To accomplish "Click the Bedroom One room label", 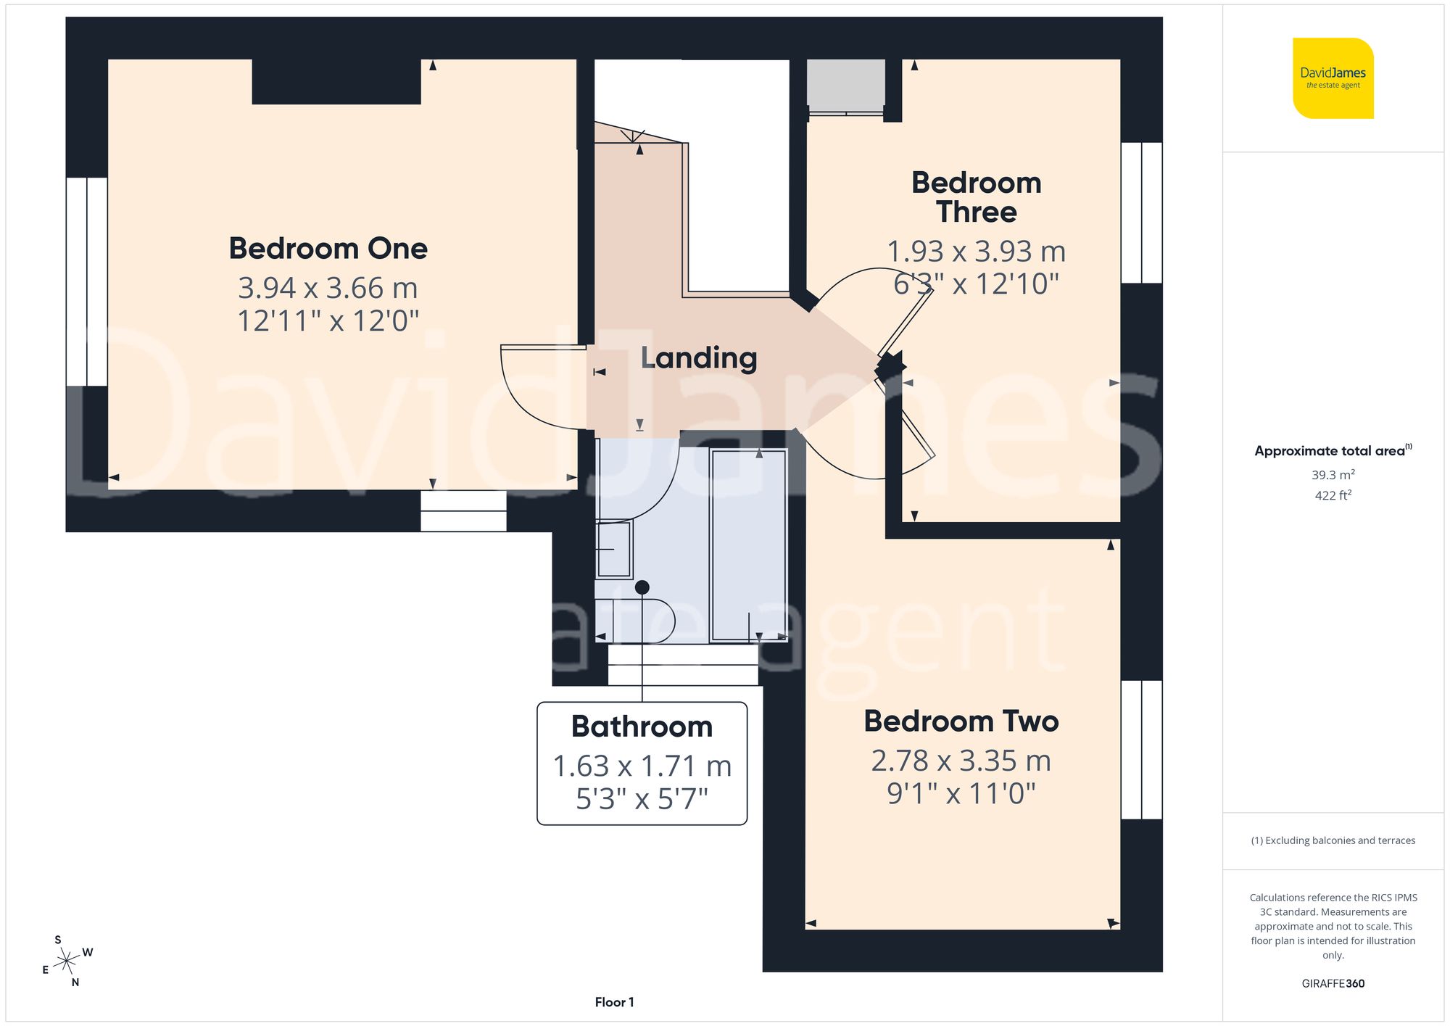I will (x=328, y=249).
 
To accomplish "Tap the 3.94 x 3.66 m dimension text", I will (x=328, y=288).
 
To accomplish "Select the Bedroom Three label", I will (x=976, y=197).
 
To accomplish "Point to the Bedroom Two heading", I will (x=961, y=721).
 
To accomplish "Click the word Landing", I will (x=699, y=357).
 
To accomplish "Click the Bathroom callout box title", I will (x=642, y=727).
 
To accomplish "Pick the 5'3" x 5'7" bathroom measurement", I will (x=642, y=799).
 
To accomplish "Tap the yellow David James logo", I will (x=1333, y=78).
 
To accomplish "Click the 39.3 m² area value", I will (x=1333, y=475).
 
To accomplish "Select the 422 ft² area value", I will (x=1333, y=495).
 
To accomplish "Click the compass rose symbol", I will (x=67, y=961).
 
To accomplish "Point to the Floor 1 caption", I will (x=614, y=1002).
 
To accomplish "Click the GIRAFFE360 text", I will (x=1333, y=983).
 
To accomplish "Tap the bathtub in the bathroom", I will (x=748, y=545).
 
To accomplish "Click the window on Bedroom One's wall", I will (x=87, y=281).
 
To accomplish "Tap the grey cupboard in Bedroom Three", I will (x=845, y=85).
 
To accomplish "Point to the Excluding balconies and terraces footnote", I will (x=1333, y=840).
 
